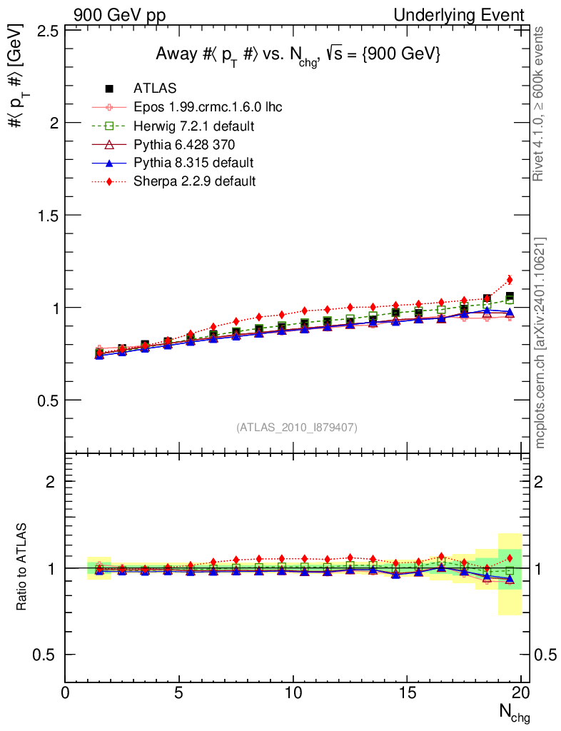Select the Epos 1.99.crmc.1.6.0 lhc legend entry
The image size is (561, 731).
tap(208, 108)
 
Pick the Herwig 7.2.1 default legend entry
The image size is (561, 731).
tap(194, 126)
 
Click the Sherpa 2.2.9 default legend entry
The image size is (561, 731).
tap(194, 181)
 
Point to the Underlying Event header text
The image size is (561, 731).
tap(469, 15)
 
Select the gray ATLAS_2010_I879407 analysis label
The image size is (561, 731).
tap(297, 428)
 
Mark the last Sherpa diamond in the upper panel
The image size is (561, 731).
tap(510, 280)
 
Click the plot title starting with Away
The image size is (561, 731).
tap(298, 55)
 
